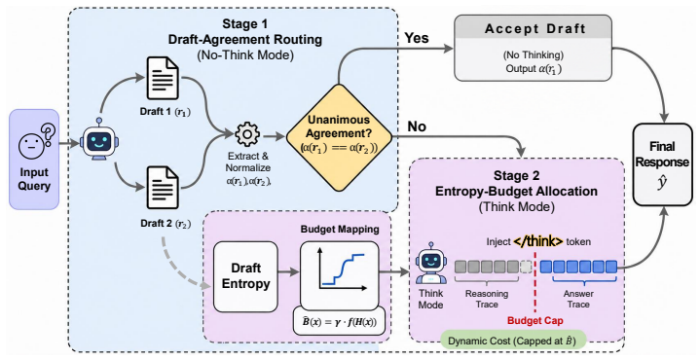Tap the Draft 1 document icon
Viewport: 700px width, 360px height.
coord(163,79)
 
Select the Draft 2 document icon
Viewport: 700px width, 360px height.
coord(163,189)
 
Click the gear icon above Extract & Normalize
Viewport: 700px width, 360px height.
coord(247,134)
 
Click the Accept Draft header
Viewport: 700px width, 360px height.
coord(534,29)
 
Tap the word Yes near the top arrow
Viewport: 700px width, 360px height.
coord(417,38)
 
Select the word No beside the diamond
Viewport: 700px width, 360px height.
coord(416,126)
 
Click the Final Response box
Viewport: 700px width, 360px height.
coord(662,164)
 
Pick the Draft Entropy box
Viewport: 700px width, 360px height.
coord(245,276)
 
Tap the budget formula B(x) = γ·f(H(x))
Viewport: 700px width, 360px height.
coord(339,320)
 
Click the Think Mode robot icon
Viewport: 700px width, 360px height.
coord(430,264)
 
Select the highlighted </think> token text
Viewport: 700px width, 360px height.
coord(538,241)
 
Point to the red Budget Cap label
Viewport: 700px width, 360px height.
coord(534,320)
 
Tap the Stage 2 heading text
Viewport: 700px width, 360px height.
coord(517,175)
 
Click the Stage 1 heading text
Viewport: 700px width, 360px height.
coord(245,23)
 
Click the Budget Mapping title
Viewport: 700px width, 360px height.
coord(340,230)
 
